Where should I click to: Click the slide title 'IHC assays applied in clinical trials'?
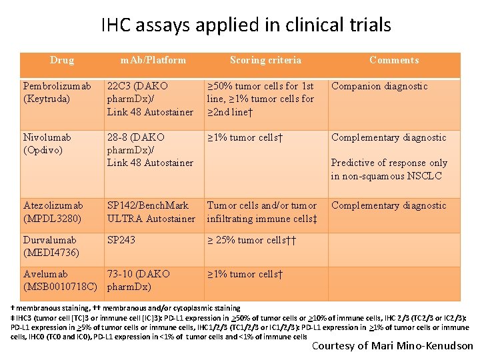(x=246, y=25)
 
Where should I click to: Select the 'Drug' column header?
(x=62, y=60)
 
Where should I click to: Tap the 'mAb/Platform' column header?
(x=153, y=60)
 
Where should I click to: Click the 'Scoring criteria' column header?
(x=265, y=60)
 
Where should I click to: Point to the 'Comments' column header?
(x=394, y=60)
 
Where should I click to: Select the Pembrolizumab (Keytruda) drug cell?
(x=57, y=92)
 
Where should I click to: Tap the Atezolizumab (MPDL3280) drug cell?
(x=53, y=212)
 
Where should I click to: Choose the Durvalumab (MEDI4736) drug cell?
(x=51, y=246)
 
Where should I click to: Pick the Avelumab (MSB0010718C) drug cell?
(x=59, y=281)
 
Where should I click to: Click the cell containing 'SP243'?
(x=121, y=240)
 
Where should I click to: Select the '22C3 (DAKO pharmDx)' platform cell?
(x=150, y=99)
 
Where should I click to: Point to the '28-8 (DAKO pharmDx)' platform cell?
(x=150, y=150)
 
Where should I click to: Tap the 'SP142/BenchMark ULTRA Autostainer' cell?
(x=151, y=212)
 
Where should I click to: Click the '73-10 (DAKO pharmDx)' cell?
(x=139, y=281)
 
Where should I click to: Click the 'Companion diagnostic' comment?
(x=379, y=86)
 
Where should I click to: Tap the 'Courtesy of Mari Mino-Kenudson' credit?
(x=393, y=345)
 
